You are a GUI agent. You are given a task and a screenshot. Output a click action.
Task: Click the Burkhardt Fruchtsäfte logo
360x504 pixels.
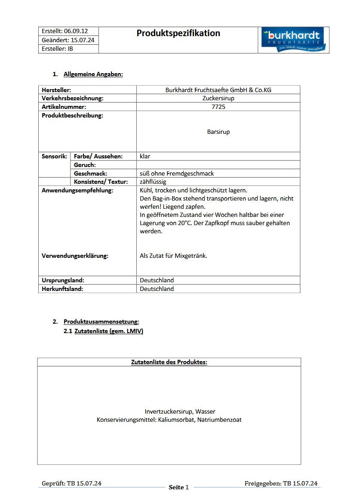294,40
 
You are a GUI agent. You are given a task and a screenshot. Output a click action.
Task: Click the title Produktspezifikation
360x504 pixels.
178,33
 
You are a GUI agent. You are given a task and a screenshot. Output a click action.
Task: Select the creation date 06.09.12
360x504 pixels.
76,31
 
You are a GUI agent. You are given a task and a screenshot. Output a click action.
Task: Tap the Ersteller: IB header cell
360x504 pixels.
57,49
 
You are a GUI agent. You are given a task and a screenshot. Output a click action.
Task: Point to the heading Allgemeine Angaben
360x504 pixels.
93,74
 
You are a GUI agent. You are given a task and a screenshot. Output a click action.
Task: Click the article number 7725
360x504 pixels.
218,107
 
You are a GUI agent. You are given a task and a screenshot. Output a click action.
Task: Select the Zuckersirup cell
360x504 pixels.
218,98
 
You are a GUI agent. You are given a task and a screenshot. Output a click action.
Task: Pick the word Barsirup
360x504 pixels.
218,132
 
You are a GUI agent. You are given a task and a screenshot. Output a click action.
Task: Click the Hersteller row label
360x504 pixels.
56,90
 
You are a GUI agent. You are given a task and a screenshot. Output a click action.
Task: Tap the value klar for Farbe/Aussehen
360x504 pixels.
145,156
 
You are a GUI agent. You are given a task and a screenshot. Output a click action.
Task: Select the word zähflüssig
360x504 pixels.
153,182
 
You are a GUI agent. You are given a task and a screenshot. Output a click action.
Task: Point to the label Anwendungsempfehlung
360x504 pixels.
77,190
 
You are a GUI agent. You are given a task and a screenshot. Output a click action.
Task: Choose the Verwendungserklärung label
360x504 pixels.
75,256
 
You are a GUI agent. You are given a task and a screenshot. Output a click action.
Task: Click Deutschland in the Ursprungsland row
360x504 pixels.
157,280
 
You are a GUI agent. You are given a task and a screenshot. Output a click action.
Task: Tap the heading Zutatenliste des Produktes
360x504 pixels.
169,362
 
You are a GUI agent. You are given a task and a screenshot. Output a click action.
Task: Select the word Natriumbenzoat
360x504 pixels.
219,420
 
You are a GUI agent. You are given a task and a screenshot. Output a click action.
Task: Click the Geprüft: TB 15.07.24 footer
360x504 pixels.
71,483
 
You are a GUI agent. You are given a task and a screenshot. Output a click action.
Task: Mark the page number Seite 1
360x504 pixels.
178,487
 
